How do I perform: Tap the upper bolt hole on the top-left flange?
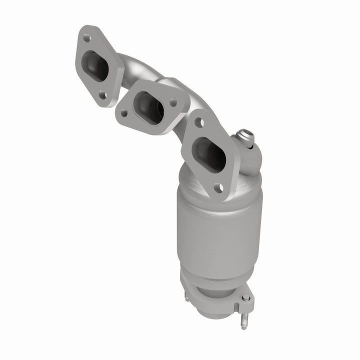pos(86,37)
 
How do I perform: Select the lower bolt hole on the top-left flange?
pos(103,93)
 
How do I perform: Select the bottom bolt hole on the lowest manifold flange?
pos(218,188)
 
